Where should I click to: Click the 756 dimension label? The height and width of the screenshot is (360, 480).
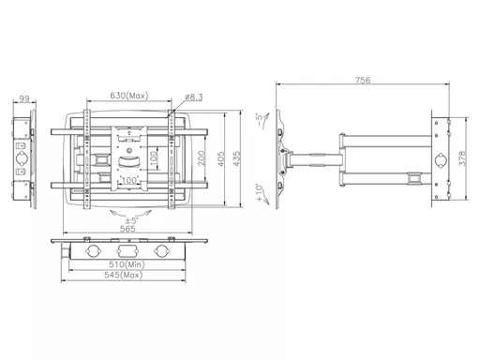pyautogui.click(x=363, y=80)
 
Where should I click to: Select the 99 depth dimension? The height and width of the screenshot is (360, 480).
pyautogui.click(x=24, y=98)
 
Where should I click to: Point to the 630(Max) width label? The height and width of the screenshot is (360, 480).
pyautogui.click(x=129, y=96)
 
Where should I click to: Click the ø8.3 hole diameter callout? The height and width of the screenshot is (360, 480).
pyautogui.click(x=194, y=97)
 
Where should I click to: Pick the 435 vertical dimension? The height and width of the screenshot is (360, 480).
pyautogui.click(x=236, y=158)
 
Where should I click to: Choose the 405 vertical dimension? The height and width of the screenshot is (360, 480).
pyautogui.click(x=220, y=158)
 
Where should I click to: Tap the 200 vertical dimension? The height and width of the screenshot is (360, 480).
pyautogui.click(x=202, y=158)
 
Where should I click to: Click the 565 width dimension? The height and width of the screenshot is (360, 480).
pyautogui.click(x=127, y=229)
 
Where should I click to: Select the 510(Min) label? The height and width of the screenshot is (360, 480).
pyautogui.click(x=127, y=264)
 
